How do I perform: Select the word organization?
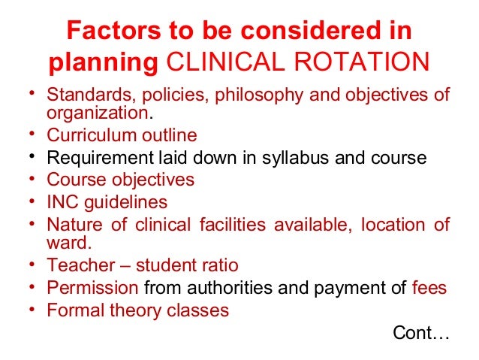click(x=98, y=113)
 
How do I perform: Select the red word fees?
click(x=429, y=287)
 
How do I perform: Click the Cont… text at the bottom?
click(x=420, y=332)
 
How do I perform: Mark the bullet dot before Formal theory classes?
click(x=35, y=309)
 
